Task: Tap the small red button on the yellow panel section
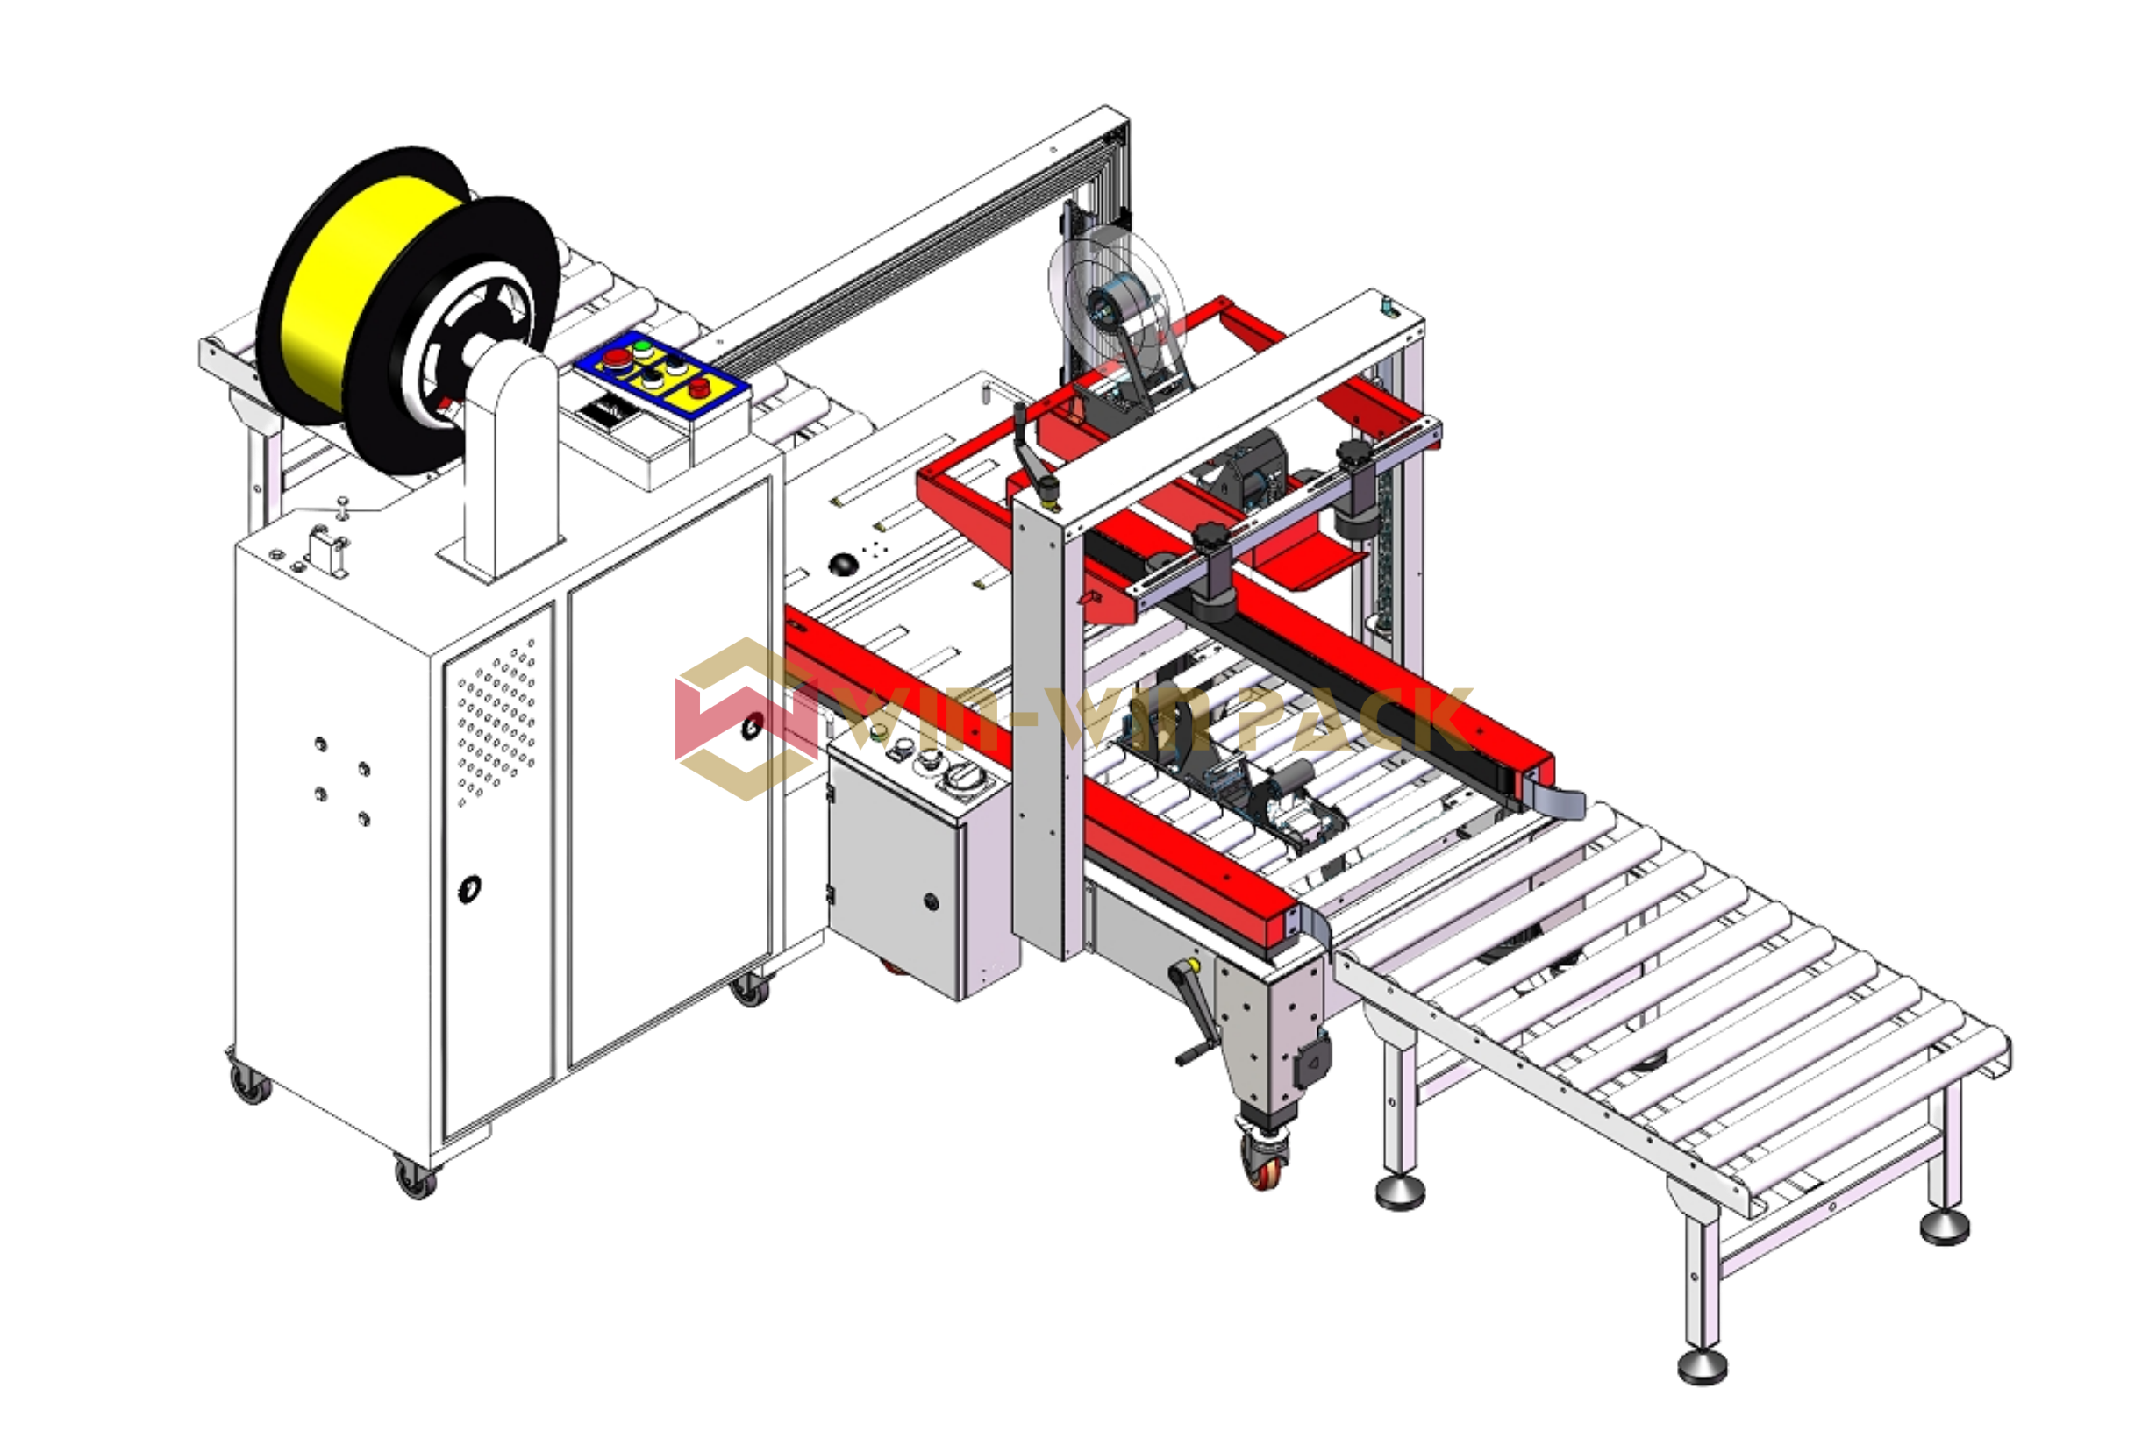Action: tap(699, 386)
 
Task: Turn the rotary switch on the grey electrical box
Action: tap(965, 778)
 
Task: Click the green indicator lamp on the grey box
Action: tap(879, 733)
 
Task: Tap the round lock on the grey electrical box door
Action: tap(931, 901)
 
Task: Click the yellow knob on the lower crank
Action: tap(1193, 965)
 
